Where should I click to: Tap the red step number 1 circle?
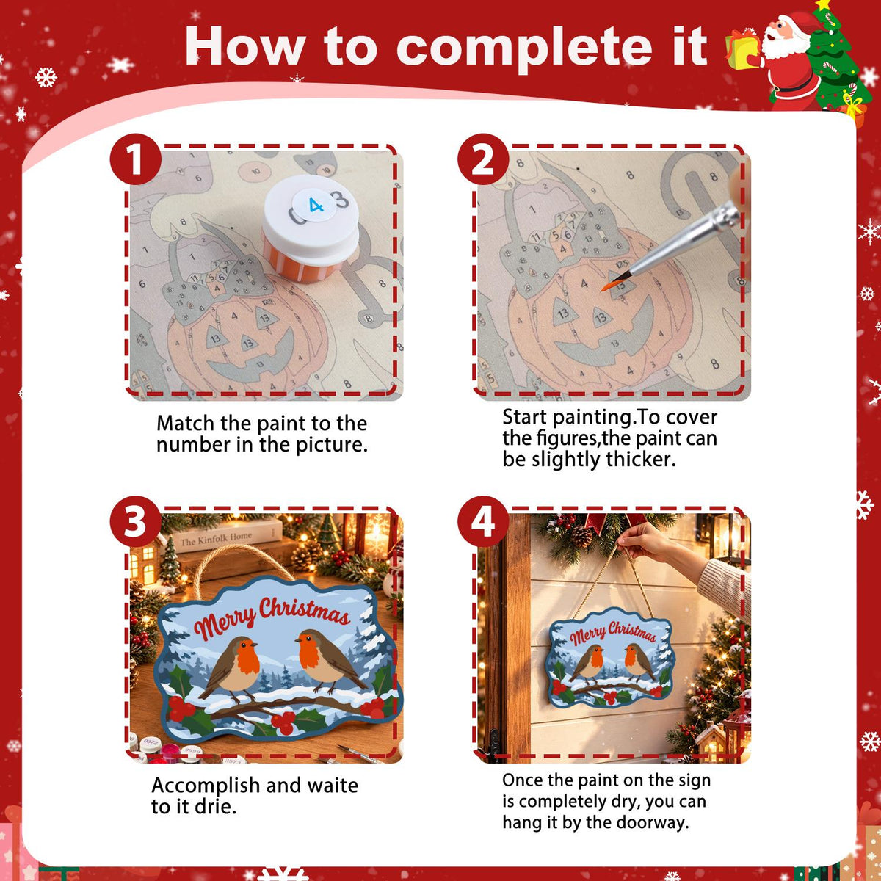click(x=135, y=159)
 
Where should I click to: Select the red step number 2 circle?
click(x=483, y=159)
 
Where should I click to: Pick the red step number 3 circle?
click(x=135, y=521)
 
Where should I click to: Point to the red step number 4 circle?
click(x=483, y=521)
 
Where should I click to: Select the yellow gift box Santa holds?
click(x=742, y=51)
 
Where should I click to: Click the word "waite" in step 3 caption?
click(x=333, y=786)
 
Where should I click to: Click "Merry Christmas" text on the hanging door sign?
click(x=612, y=633)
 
